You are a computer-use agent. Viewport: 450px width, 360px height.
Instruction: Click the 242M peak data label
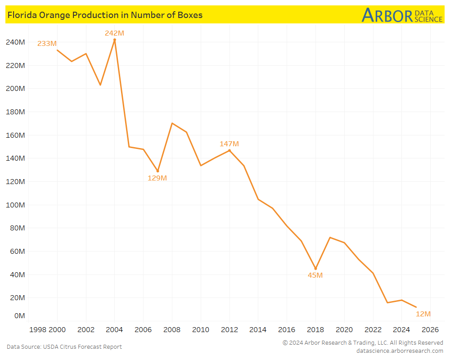[x=114, y=33]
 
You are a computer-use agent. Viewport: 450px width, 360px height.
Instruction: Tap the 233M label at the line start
[x=47, y=44]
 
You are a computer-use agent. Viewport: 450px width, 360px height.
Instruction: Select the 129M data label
[x=157, y=178]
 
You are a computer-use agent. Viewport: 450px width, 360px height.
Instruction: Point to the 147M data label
[x=229, y=144]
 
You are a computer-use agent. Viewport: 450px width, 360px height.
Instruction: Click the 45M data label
[x=315, y=275]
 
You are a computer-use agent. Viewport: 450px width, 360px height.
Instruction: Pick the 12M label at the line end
[x=423, y=314]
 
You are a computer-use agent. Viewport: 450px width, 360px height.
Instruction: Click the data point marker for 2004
[x=114, y=40]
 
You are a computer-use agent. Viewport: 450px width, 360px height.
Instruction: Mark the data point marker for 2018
[x=315, y=268]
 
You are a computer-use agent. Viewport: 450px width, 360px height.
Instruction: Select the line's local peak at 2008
[x=172, y=123]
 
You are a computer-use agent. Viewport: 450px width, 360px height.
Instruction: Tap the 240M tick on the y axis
[x=15, y=42]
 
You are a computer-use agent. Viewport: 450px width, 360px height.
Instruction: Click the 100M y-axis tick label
[x=15, y=205]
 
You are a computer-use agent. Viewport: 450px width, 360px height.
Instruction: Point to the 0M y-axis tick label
[x=19, y=316]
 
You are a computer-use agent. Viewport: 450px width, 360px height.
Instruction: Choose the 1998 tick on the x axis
[x=38, y=329]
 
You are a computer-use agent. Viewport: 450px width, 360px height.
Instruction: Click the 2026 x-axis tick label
[x=430, y=329]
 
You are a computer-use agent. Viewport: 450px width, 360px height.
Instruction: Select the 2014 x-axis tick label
[x=258, y=329]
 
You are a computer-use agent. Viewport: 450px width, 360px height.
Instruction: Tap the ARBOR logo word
[x=387, y=15]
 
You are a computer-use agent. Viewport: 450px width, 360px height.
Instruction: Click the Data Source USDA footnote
[x=64, y=346]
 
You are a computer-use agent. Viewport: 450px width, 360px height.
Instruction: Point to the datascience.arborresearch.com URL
[x=399, y=351]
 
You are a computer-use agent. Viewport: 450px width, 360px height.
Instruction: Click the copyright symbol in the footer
[x=285, y=343]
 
